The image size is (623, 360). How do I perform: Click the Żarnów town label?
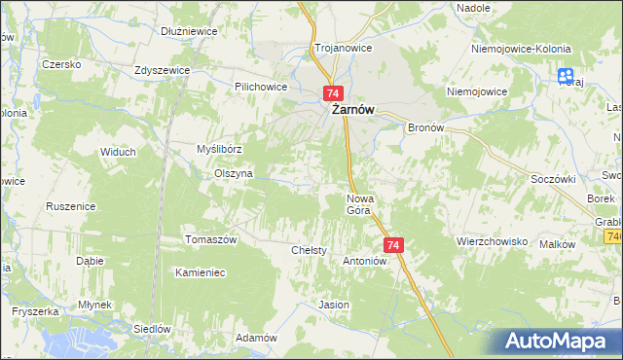[x=353, y=111]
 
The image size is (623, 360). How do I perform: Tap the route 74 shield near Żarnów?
[x=333, y=93]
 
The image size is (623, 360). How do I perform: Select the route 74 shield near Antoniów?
[x=393, y=245]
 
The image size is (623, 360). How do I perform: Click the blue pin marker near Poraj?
[x=566, y=75]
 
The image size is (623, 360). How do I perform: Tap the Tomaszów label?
[x=211, y=239]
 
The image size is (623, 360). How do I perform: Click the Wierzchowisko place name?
[x=492, y=240]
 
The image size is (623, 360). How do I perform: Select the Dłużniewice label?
[x=189, y=31]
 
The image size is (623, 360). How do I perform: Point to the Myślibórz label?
[x=218, y=149]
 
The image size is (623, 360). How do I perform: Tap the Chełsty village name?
[x=309, y=250]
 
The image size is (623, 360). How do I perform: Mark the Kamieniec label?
[x=200, y=272]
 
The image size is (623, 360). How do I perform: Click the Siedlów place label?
[x=152, y=328]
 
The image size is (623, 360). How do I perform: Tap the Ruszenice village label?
[x=70, y=206]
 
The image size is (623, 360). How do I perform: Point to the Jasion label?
[x=334, y=305]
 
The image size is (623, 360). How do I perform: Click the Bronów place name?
[x=425, y=127]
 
